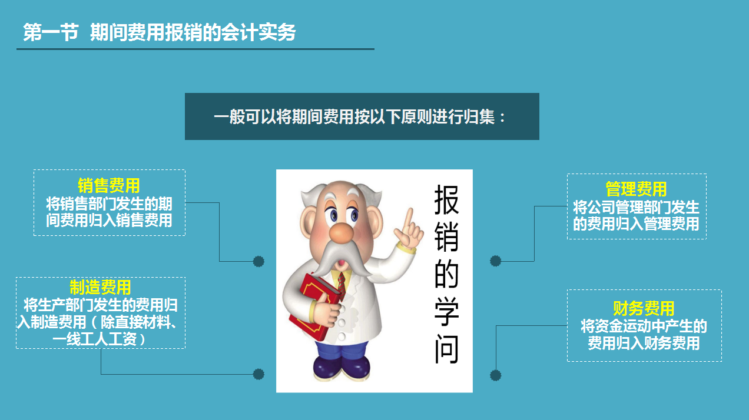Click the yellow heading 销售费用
109,185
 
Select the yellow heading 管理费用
636,189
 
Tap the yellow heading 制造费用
100,287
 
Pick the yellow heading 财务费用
644,308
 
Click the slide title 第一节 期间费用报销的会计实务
159,33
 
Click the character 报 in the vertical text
446,201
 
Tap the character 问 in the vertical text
446,350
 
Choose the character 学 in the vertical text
446,312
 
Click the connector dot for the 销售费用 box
258,261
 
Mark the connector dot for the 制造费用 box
258,374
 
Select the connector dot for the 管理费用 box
495,261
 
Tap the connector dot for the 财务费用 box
495,375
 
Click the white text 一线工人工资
100,339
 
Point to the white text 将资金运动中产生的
644,326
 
